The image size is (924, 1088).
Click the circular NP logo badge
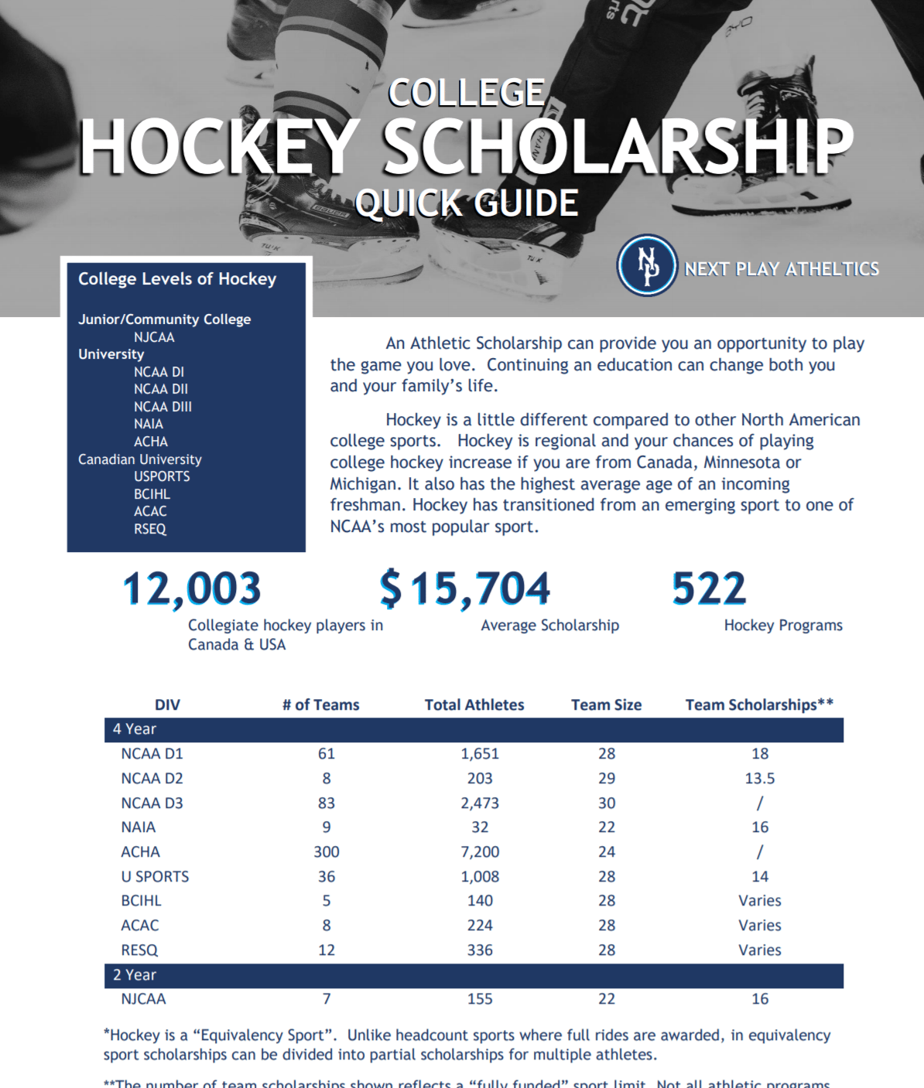click(x=646, y=265)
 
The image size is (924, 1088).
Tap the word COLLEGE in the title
click(x=467, y=94)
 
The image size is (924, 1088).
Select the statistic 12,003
click(x=192, y=588)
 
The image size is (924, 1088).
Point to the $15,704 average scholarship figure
click(x=465, y=588)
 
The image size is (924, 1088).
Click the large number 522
click(x=709, y=588)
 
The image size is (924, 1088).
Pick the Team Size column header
click(x=606, y=704)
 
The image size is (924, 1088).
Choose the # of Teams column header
click(x=320, y=704)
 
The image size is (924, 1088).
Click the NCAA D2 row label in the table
click(x=152, y=778)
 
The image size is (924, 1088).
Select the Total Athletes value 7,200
click(x=480, y=851)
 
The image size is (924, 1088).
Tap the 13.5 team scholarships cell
click(x=760, y=778)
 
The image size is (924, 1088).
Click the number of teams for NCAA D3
click(x=327, y=803)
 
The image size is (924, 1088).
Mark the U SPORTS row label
click(x=155, y=876)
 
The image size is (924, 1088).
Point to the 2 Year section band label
click(x=135, y=974)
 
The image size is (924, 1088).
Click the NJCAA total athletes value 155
click(x=480, y=998)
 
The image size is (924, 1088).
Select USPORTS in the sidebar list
click(x=162, y=476)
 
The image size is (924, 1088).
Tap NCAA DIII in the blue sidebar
click(x=163, y=407)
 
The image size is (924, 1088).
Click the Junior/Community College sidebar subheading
click(x=164, y=319)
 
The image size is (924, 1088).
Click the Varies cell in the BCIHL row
click(x=760, y=900)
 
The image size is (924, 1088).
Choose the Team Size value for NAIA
click(x=607, y=827)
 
